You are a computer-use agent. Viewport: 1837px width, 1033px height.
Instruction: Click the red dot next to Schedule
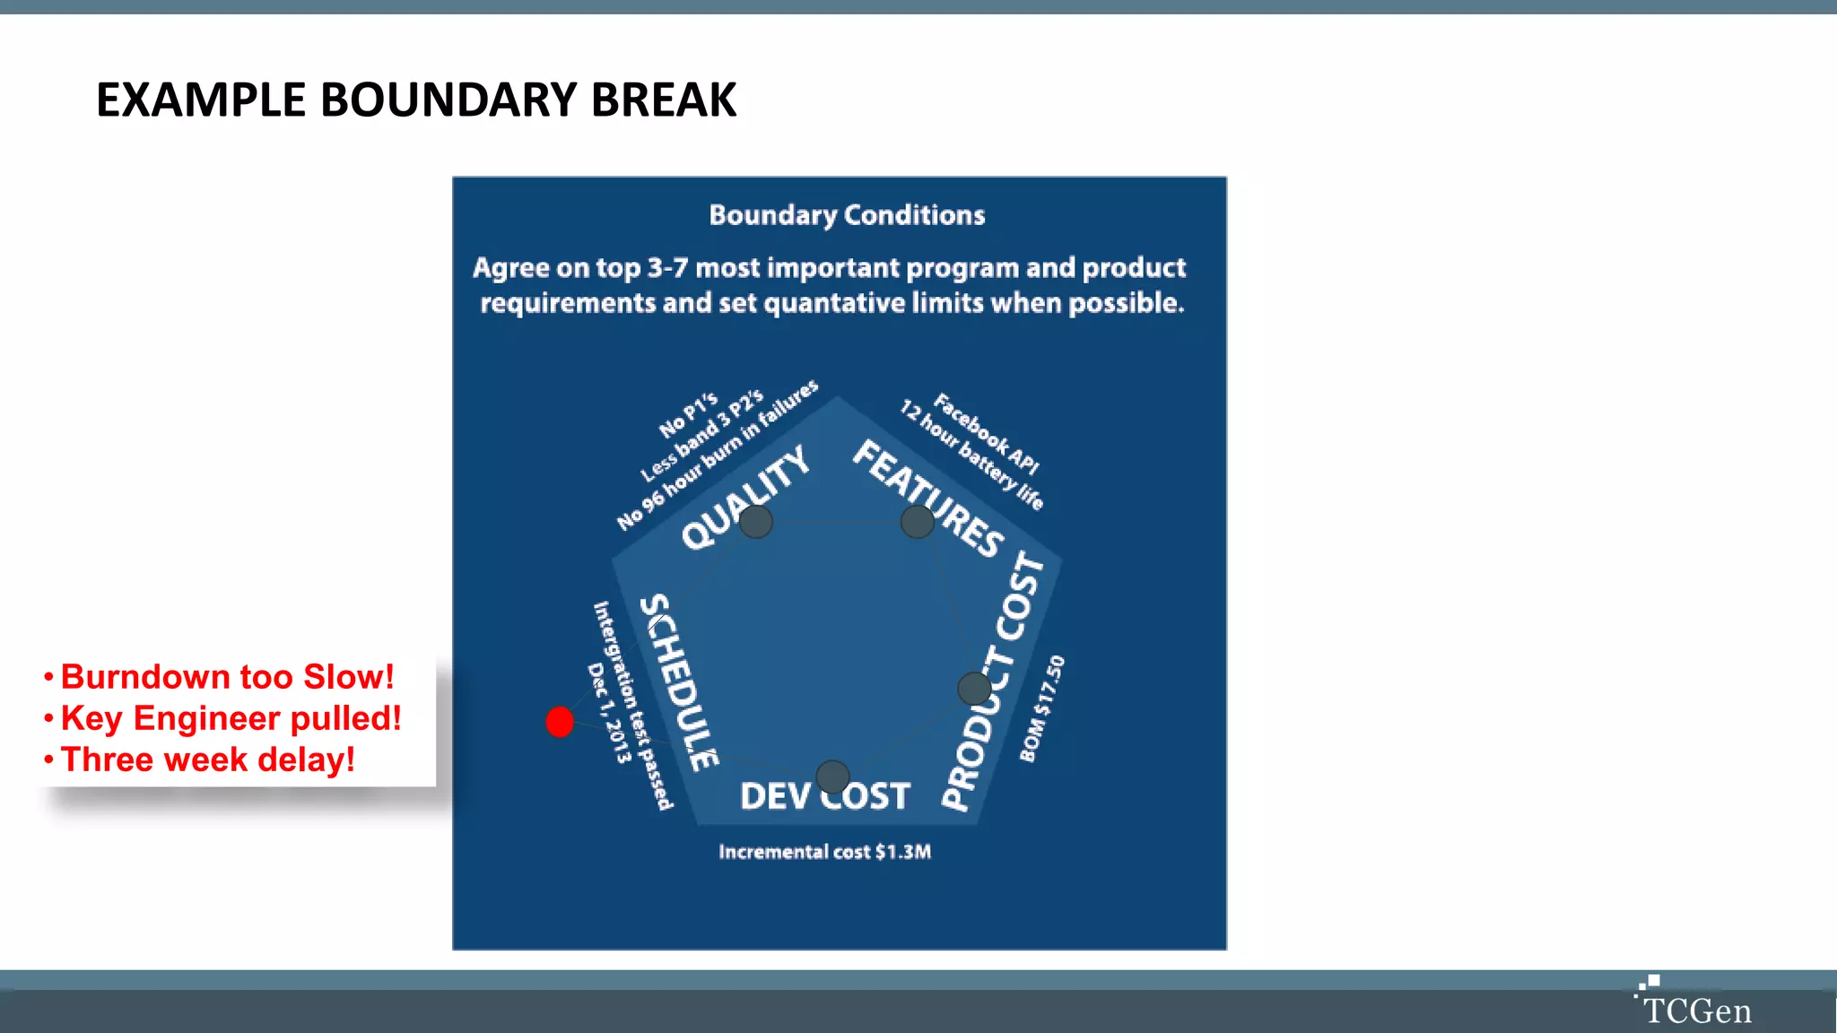point(560,721)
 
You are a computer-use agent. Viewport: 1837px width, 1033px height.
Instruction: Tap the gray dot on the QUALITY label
point(756,521)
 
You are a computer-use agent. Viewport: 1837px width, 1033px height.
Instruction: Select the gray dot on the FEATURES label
point(918,521)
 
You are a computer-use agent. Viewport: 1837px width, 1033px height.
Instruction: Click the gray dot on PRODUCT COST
point(974,689)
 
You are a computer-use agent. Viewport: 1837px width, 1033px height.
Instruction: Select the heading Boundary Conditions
point(847,215)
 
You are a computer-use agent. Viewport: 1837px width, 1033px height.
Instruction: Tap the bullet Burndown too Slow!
point(227,677)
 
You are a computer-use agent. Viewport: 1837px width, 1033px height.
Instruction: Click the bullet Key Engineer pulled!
point(231,718)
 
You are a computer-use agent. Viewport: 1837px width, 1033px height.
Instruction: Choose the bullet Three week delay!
point(207,760)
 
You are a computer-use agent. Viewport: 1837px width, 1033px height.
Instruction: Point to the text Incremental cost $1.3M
point(824,852)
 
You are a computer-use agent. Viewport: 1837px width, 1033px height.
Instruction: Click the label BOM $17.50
point(1042,708)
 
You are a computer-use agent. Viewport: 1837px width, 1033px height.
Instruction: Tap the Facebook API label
point(987,433)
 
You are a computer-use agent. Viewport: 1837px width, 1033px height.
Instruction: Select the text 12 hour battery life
point(972,455)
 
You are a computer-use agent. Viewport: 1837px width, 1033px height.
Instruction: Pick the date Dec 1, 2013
point(609,713)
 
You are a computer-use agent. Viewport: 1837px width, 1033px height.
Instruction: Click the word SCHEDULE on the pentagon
point(678,681)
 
